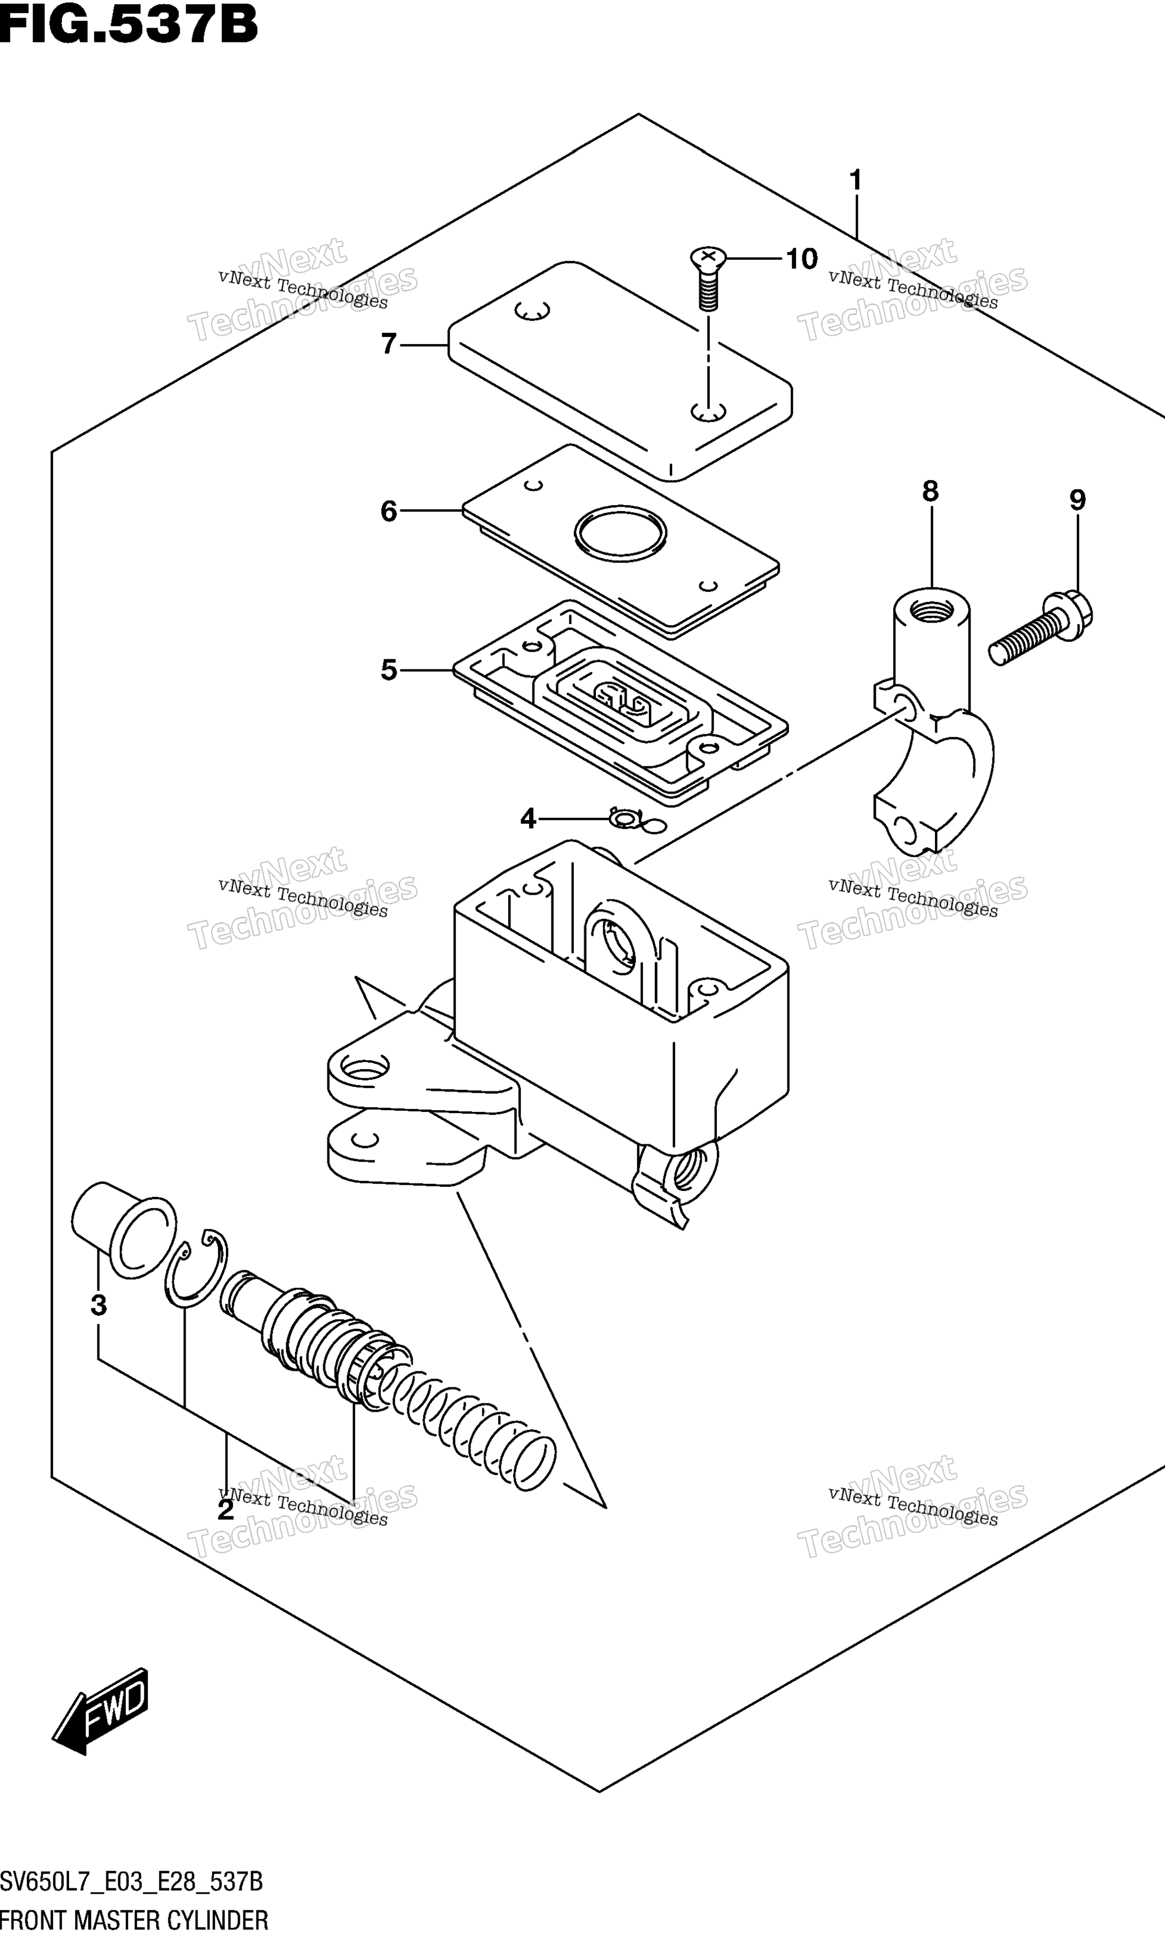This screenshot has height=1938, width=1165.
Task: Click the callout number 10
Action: coord(801,258)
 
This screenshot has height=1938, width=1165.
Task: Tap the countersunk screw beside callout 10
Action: coord(708,278)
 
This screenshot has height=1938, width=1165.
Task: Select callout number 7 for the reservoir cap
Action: coord(388,344)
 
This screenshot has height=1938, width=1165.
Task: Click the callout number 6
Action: coord(388,511)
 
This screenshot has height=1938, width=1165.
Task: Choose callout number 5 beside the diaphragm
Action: coord(388,670)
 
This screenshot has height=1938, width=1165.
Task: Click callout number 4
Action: coord(528,819)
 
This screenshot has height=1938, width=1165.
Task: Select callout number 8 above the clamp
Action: coord(930,491)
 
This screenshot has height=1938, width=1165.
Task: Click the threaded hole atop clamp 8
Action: coord(931,608)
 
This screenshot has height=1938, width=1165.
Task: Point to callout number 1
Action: coord(856,180)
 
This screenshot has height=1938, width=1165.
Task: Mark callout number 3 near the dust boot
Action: coord(98,1305)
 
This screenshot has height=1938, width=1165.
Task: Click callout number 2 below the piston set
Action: coord(225,1509)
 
